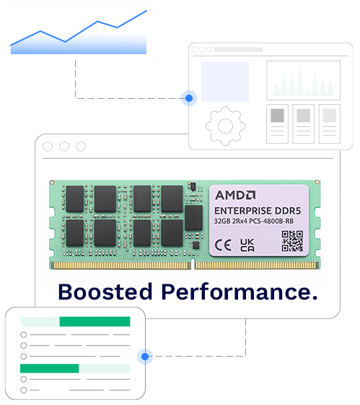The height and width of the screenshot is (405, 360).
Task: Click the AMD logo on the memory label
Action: [235, 195]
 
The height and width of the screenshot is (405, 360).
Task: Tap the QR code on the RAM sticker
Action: [292, 241]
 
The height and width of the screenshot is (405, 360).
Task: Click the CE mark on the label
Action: [223, 245]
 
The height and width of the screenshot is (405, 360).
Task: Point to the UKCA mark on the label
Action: [247, 245]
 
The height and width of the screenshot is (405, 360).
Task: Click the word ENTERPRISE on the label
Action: [243, 211]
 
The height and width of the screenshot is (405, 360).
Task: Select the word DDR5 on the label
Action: [288, 211]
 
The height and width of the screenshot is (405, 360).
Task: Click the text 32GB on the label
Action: [222, 222]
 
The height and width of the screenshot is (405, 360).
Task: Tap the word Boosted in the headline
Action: [105, 292]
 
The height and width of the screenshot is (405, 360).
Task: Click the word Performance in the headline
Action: [240, 292]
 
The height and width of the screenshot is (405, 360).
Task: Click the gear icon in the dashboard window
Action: [225, 126]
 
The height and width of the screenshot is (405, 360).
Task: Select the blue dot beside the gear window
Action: [189, 98]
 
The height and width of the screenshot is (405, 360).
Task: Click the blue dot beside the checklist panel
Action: [145, 357]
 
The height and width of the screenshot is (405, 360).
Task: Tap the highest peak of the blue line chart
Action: [146, 11]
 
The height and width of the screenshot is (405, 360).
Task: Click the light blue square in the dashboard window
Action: [225, 82]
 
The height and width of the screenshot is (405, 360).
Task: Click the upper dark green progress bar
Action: [95, 321]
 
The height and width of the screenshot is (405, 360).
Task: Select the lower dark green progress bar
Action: [49, 368]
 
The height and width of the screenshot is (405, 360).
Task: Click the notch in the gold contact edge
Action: [193, 264]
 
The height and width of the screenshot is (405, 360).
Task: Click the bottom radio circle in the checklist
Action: [24, 390]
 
